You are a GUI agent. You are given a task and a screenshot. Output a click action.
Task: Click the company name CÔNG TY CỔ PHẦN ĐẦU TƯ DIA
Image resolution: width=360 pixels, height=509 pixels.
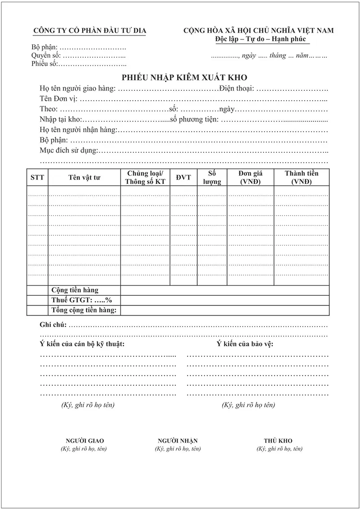click(89, 31)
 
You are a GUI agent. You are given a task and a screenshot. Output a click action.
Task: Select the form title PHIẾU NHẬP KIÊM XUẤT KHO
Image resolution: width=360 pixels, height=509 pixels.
click(184, 78)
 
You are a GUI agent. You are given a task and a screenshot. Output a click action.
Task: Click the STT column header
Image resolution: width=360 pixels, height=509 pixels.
click(37, 178)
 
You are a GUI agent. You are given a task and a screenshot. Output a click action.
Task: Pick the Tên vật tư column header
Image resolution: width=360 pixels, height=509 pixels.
click(84, 178)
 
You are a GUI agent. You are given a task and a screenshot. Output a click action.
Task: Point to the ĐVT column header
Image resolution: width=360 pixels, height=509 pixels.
click(183, 178)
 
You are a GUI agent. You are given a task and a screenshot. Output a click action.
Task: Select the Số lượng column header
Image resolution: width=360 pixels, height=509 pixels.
click(212, 178)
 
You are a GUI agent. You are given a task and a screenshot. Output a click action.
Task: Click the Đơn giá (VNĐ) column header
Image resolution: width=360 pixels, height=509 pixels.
click(250, 178)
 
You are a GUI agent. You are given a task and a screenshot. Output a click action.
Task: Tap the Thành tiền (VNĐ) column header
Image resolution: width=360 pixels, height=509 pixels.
click(301, 178)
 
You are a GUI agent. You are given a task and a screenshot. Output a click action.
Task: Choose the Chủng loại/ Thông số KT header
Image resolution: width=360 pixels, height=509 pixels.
click(145, 178)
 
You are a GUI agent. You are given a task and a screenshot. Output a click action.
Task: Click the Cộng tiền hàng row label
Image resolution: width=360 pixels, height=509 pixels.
click(75, 290)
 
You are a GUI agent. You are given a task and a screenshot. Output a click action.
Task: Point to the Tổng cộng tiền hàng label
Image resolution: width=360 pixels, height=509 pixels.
click(84, 310)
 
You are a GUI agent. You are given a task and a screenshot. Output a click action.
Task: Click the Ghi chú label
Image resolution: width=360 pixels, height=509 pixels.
click(53, 325)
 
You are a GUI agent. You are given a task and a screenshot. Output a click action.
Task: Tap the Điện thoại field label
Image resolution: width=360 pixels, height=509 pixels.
click(236, 89)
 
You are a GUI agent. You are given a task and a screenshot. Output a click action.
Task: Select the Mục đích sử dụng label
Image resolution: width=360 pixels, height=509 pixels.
click(69, 151)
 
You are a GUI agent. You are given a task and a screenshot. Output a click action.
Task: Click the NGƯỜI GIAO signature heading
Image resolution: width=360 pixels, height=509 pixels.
click(84, 440)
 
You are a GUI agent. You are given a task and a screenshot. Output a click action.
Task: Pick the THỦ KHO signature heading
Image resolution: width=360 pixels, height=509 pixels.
click(278, 440)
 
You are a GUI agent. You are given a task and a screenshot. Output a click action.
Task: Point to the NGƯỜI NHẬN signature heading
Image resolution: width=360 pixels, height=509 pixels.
click(178, 440)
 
